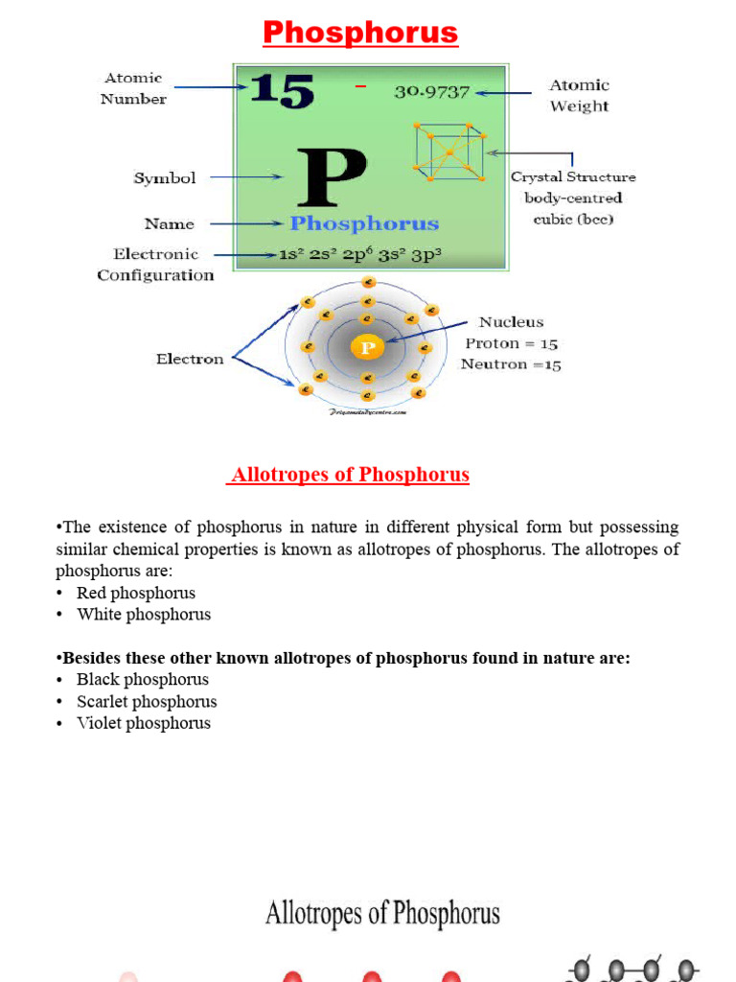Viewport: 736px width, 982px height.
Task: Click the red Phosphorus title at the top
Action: pos(360,33)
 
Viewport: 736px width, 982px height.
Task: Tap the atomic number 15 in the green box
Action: pos(282,91)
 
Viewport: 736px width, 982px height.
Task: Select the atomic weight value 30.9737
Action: pos(431,92)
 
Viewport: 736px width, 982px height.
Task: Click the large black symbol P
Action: pos(331,177)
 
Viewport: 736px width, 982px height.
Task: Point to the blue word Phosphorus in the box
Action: pos(364,223)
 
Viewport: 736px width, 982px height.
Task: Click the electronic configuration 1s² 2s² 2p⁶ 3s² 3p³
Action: pos(359,255)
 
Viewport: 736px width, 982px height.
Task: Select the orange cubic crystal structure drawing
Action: pos(448,152)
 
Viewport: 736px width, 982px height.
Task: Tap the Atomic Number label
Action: pos(133,88)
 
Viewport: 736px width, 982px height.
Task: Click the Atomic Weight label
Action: pos(579,95)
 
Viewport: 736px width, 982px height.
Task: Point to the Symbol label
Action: pos(165,177)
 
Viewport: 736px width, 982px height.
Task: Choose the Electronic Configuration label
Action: pos(155,265)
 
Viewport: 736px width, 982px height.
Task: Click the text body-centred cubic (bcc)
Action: pos(573,208)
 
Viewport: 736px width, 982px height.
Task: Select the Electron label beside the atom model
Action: pos(190,359)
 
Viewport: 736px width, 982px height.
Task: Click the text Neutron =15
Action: pos(511,364)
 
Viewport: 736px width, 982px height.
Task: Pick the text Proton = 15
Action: pos(512,343)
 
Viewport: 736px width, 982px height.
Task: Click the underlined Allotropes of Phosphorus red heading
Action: pos(349,475)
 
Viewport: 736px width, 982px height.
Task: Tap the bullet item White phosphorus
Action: pos(144,614)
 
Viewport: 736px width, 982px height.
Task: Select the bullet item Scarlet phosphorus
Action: pos(147,701)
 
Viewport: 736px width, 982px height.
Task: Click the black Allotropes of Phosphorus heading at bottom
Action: pos(382,913)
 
